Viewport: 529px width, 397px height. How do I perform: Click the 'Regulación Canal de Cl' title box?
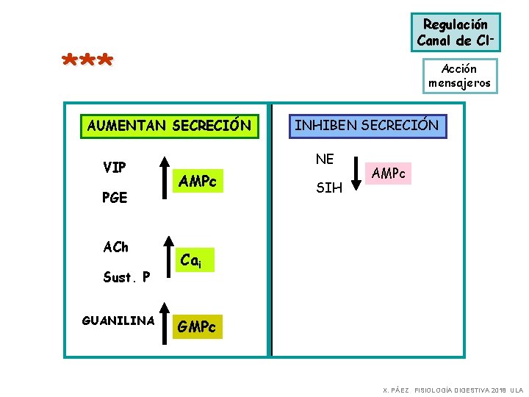tap(456, 32)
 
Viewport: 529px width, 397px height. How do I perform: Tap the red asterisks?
tap(87, 61)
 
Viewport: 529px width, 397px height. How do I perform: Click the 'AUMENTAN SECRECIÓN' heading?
tap(168, 126)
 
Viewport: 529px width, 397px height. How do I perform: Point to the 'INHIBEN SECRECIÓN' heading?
tap(366, 126)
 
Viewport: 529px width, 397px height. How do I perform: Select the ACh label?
tap(115, 246)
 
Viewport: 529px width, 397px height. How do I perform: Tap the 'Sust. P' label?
tap(126, 277)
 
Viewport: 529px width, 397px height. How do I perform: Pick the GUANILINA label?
tap(118, 321)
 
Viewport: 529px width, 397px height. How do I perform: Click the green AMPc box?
tap(198, 182)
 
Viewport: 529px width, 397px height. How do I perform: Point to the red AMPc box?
tap(388, 174)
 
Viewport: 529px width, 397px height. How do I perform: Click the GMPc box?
tap(197, 326)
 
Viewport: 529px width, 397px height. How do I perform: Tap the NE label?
tap(324, 158)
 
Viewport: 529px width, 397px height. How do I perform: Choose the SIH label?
tap(328, 188)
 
